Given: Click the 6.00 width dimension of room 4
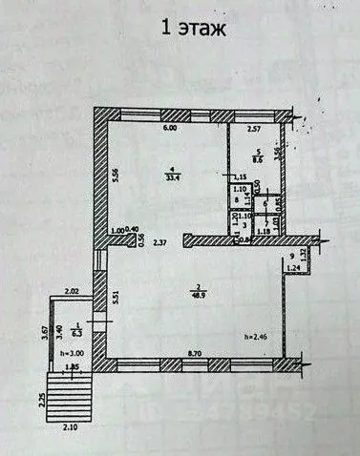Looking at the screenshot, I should click(x=169, y=128).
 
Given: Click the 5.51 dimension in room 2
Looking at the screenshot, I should click(x=116, y=297).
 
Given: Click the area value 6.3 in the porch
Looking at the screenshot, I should click(x=66, y=334).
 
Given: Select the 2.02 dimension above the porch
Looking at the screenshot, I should click(x=72, y=290).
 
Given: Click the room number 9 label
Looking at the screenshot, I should click(x=292, y=259).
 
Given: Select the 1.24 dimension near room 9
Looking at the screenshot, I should click(x=293, y=270).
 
